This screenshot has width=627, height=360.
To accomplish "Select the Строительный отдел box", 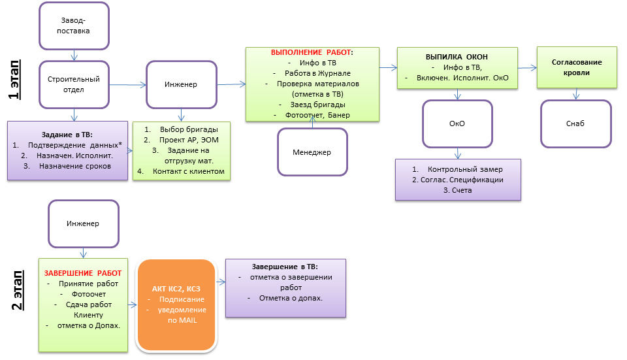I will point(74,84).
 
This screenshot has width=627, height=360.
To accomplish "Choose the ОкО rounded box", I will point(457,125).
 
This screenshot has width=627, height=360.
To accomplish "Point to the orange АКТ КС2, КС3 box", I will point(176,306).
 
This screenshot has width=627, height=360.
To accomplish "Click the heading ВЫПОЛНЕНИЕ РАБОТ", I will point(312,52).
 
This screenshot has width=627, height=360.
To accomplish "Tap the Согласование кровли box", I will point(577,67).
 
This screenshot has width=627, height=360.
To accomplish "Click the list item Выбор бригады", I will point(186,129).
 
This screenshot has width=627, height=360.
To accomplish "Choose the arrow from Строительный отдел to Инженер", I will point(129,84).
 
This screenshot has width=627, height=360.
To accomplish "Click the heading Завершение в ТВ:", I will point(285,267).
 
